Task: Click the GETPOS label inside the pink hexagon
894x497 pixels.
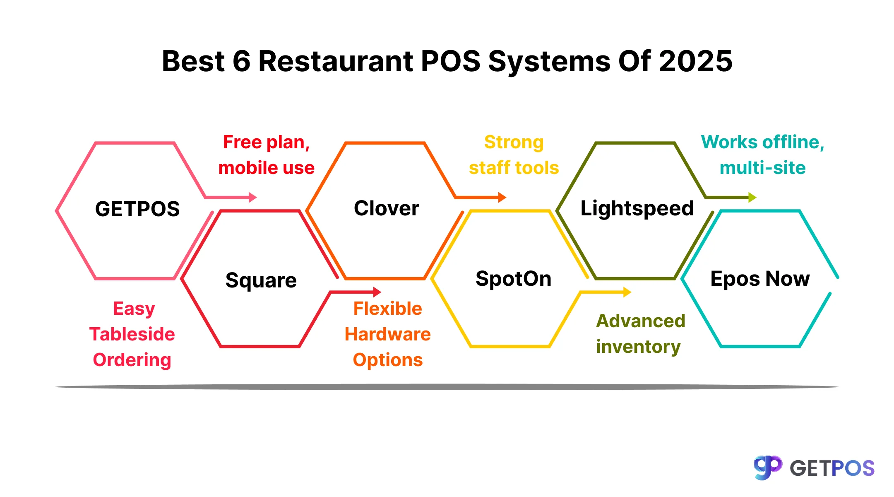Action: click(x=137, y=209)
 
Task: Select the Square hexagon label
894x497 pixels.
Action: click(x=261, y=280)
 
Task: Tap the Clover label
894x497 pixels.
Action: click(x=386, y=208)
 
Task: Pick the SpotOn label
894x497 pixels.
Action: click(x=513, y=279)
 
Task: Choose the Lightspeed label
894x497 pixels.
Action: click(x=637, y=208)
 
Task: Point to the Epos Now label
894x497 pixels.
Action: click(x=760, y=279)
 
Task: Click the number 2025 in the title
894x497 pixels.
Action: click(x=695, y=61)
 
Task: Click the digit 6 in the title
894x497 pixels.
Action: click(x=242, y=61)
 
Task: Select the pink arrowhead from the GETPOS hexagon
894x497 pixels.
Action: click(x=252, y=197)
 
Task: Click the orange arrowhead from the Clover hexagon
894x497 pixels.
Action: click(x=502, y=197)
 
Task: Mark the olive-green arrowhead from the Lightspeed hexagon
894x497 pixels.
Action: click(x=752, y=197)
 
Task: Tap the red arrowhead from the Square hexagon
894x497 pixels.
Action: click(x=377, y=292)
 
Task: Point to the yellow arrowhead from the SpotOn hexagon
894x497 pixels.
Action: click(x=627, y=292)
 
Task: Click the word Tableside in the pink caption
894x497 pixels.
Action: click(x=132, y=334)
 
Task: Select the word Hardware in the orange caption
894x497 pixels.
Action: click(x=387, y=334)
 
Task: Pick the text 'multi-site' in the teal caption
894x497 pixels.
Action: click(x=762, y=168)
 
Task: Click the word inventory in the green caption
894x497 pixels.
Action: click(x=638, y=347)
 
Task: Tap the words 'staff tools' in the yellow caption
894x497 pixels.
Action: click(x=514, y=168)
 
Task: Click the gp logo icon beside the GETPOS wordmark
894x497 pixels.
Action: click(x=768, y=467)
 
